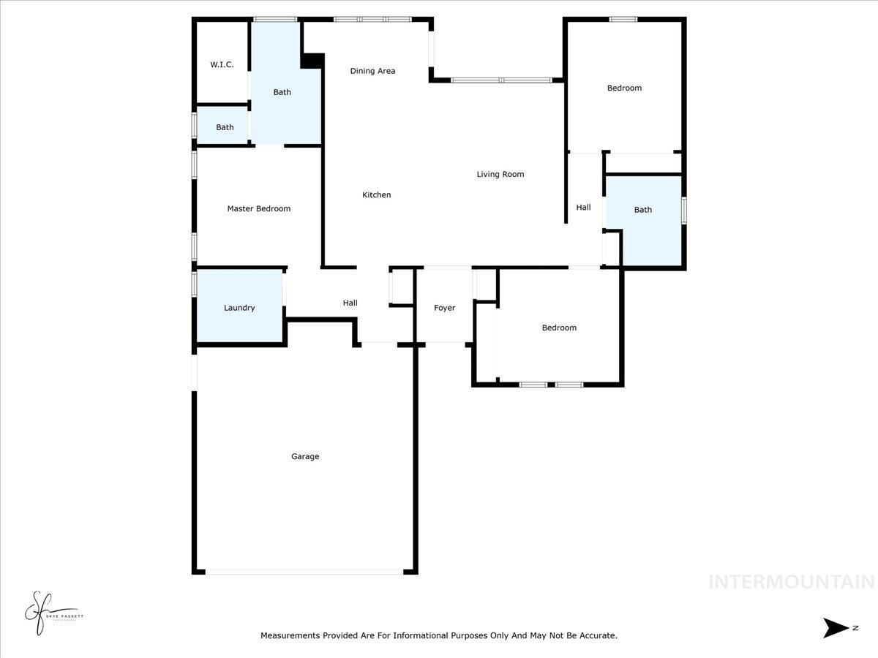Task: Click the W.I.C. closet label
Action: pos(222,64)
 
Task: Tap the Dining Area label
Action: pos(372,71)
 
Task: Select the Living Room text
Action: pos(500,174)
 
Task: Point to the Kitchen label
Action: pos(377,194)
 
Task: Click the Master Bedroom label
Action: pos(258,208)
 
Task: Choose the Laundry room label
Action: pos(239,308)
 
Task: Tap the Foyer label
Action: pos(444,308)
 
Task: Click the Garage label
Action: pos(305,456)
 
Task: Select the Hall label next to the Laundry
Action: pos(350,303)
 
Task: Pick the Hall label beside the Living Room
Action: pos(583,208)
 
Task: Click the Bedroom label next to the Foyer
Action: pos(559,328)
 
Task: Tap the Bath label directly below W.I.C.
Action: pos(225,127)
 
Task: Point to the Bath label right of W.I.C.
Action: pos(282,92)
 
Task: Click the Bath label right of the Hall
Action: pos(642,210)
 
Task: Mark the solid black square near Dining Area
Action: pos(312,61)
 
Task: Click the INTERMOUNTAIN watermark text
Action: pos(791,582)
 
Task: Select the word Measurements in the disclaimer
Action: pos(290,635)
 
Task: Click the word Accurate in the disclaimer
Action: pos(598,635)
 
